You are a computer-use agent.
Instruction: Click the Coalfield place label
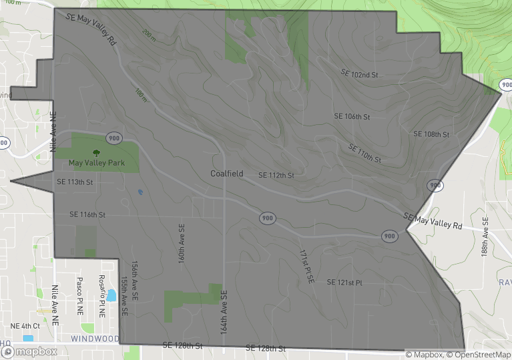(x=227, y=174)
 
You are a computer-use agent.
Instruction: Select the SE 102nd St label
(x=359, y=73)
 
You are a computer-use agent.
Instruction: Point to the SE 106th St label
(x=352, y=117)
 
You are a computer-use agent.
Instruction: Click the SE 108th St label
(x=431, y=134)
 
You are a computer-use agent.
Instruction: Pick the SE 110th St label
(x=364, y=154)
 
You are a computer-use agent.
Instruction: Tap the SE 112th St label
(x=276, y=176)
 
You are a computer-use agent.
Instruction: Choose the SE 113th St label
(x=75, y=182)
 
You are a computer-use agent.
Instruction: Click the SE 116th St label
(x=87, y=215)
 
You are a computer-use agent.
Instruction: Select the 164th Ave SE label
(x=224, y=312)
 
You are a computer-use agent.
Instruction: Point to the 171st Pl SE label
(x=306, y=267)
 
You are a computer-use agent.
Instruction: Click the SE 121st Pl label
(x=344, y=283)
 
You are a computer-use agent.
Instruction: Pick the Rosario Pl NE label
(x=102, y=296)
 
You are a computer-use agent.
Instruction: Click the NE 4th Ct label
(x=24, y=326)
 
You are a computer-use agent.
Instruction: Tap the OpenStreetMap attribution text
(x=479, y=355)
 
